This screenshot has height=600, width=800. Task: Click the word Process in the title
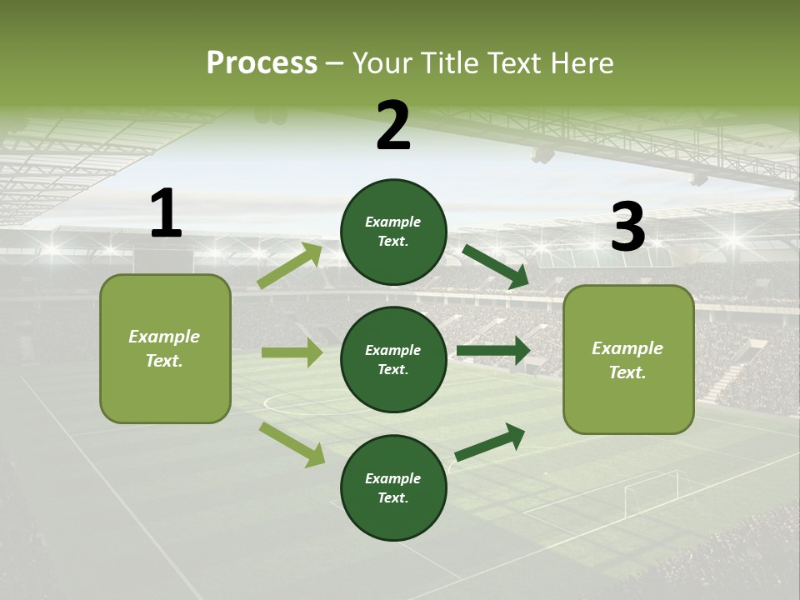262,63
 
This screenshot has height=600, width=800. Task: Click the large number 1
166,213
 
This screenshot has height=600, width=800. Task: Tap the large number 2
393,126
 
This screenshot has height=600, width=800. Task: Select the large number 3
627,227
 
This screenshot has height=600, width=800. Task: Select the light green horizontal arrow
292,352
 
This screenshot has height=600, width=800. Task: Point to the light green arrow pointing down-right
292,444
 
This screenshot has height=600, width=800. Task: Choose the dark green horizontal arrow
493,351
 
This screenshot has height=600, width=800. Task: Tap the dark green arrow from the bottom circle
490,442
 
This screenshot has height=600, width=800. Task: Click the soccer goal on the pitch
651,492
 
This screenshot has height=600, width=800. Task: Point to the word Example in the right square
627,348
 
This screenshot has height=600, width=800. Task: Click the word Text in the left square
163,361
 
